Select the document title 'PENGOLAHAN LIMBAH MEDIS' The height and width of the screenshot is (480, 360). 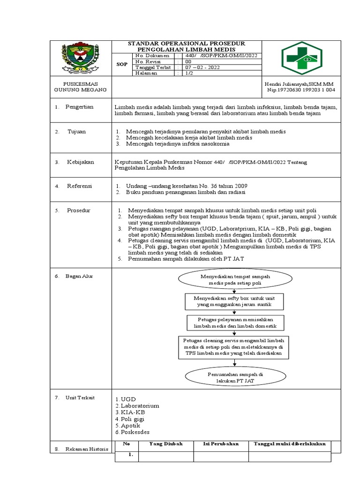point(186,49)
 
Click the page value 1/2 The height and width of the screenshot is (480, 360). point(190,73)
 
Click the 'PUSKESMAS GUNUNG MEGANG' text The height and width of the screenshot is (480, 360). point(80,86)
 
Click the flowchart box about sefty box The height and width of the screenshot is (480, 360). point(234,301)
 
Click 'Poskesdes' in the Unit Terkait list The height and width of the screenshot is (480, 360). point(134,432)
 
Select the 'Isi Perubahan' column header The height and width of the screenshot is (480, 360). point(221,444)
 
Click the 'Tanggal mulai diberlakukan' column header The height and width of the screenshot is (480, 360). point(289,444)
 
